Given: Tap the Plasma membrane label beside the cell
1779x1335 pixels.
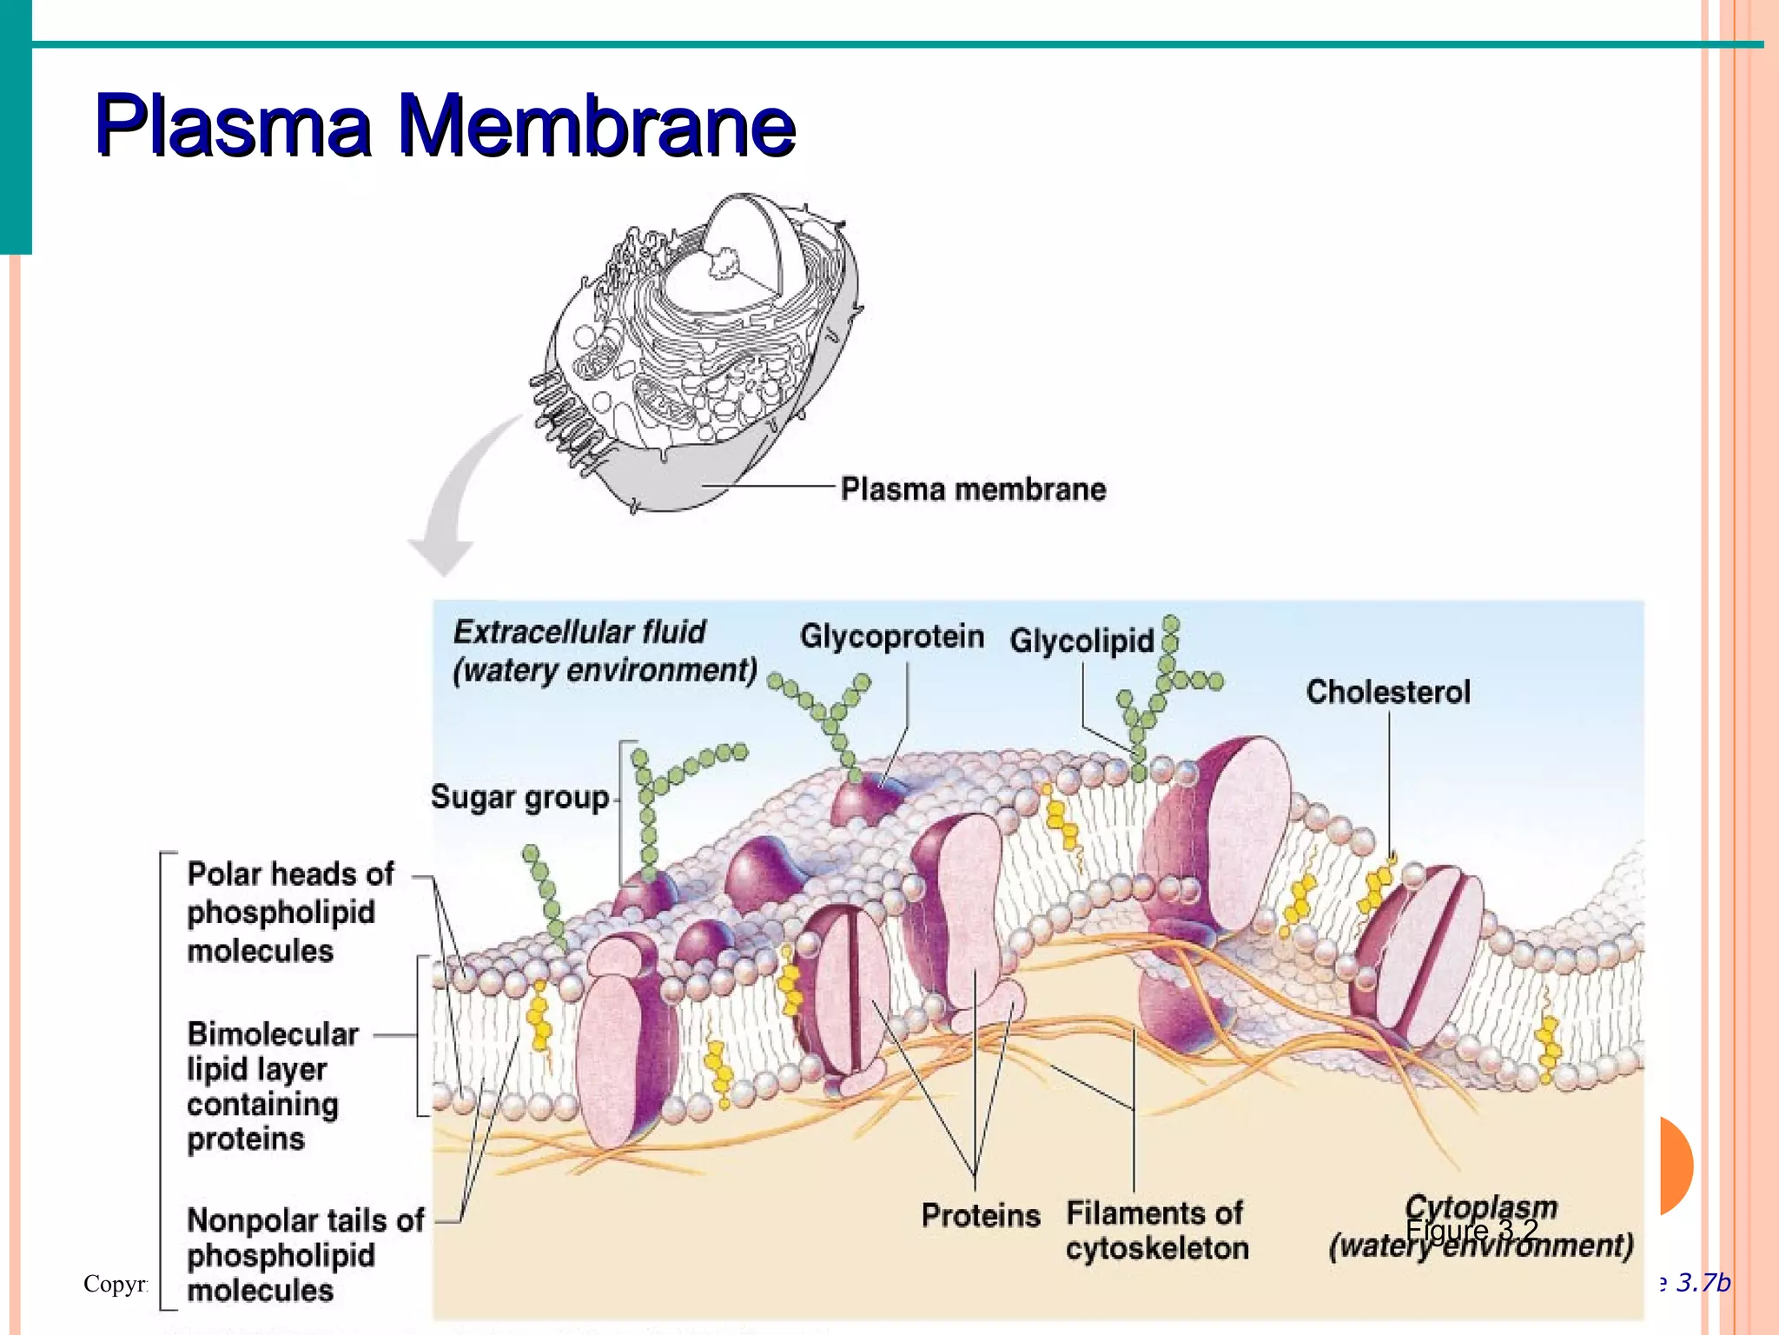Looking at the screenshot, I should point(973,489).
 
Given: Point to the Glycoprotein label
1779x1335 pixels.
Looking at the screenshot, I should point(891,636).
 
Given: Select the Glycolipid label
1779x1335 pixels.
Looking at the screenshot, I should point(1081,641).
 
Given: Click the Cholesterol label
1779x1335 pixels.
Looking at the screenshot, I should point(1387,692).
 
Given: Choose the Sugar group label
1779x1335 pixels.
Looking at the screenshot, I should point(519,797).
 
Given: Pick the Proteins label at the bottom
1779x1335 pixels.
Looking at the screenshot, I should point(981,1215).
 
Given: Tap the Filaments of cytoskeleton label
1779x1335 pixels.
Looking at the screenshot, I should point(1156,1231).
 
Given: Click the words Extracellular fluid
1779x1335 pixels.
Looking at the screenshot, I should point(579,632).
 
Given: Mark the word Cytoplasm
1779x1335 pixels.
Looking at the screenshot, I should point(1480,1206).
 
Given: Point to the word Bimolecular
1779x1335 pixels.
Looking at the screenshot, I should point(273,1033).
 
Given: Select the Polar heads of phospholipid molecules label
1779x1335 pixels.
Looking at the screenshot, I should point(289,912).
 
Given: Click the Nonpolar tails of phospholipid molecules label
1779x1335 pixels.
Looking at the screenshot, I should point(304,1255).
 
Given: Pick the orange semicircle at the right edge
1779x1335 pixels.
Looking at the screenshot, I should point(1675,1166).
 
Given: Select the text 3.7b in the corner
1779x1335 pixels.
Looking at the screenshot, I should point(1703,1283).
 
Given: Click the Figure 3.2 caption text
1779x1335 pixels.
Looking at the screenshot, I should point(1471,1230).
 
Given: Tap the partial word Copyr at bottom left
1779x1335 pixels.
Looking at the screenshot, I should point(116,1284).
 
